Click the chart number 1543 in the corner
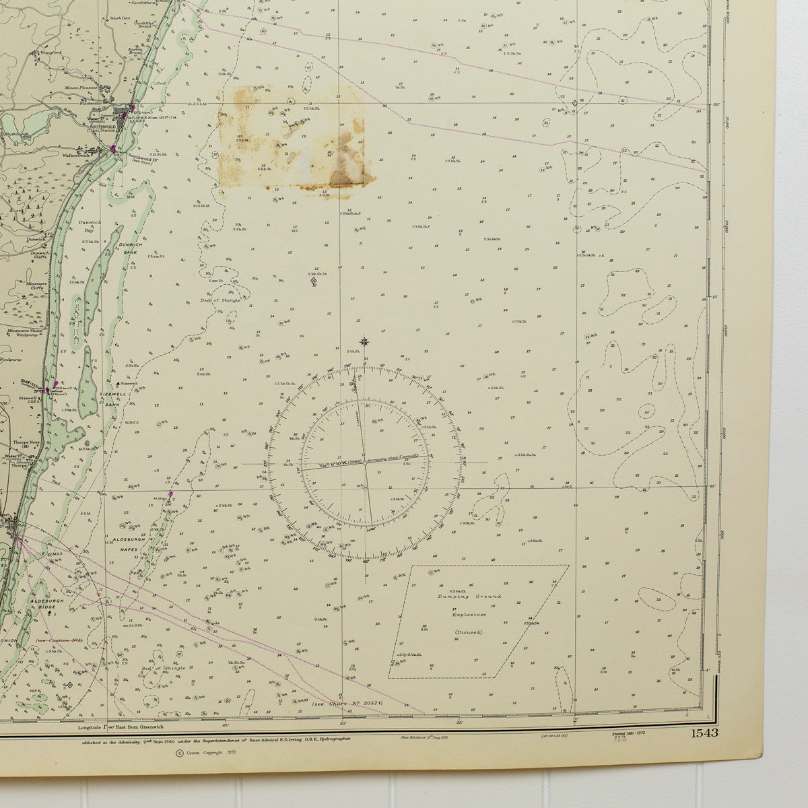coord(703,733)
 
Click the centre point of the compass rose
coord(365,463)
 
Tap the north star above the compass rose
coord(365,341)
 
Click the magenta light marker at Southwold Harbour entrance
coord(113,148)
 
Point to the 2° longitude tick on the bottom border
coord(576,723)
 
